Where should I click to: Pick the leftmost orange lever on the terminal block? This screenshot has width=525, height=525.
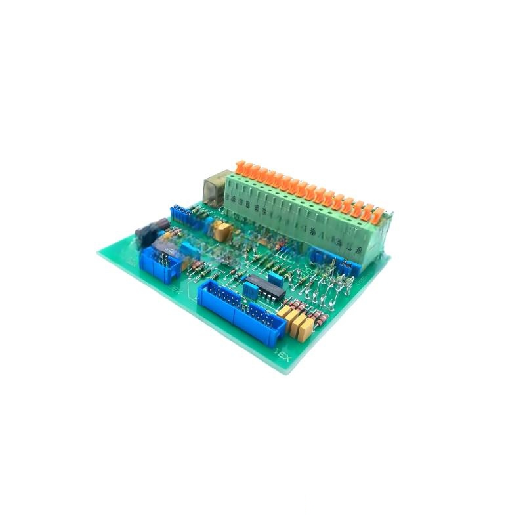tap(241, 169)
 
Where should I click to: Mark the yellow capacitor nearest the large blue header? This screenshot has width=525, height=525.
tap(285, 314)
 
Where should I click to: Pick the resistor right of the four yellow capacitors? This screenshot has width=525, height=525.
tap(322, 319)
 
